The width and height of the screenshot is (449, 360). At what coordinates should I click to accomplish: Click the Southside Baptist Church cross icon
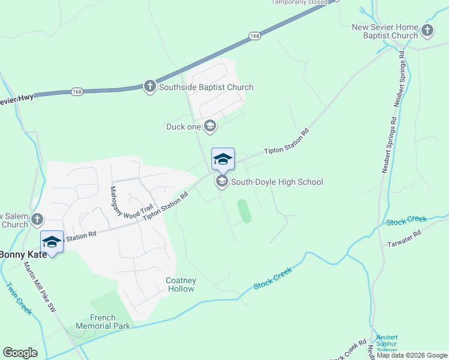point(150,87)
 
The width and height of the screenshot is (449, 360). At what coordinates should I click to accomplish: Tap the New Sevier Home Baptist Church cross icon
point(427,30)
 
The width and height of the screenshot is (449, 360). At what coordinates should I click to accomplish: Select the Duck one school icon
point(210,126)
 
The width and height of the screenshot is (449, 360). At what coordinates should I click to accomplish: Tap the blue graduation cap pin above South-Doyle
point(223,160)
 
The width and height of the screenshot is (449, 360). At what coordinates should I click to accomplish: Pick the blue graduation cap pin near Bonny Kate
point(52,242)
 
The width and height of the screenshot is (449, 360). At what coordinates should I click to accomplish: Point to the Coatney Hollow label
point(180,284)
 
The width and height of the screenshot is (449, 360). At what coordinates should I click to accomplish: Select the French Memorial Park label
point(110,322)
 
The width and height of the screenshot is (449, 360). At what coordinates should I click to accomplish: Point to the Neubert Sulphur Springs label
point(387,344)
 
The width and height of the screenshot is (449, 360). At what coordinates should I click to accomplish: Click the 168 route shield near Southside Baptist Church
point(76,92)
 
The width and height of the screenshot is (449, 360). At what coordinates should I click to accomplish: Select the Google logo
point(20,353)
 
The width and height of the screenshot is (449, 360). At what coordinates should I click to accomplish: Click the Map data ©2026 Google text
point(412,355)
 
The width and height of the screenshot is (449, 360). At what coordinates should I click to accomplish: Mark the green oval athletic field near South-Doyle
point(244,211)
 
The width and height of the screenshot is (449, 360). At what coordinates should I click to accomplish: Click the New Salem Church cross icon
point(38,218)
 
